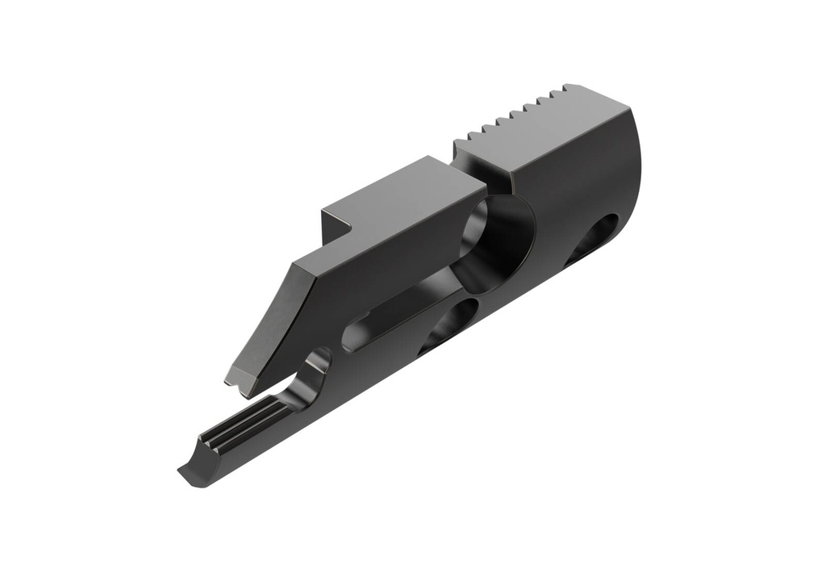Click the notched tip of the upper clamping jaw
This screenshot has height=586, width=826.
click(239, 379)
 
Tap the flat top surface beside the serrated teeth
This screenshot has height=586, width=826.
click(557, 133)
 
